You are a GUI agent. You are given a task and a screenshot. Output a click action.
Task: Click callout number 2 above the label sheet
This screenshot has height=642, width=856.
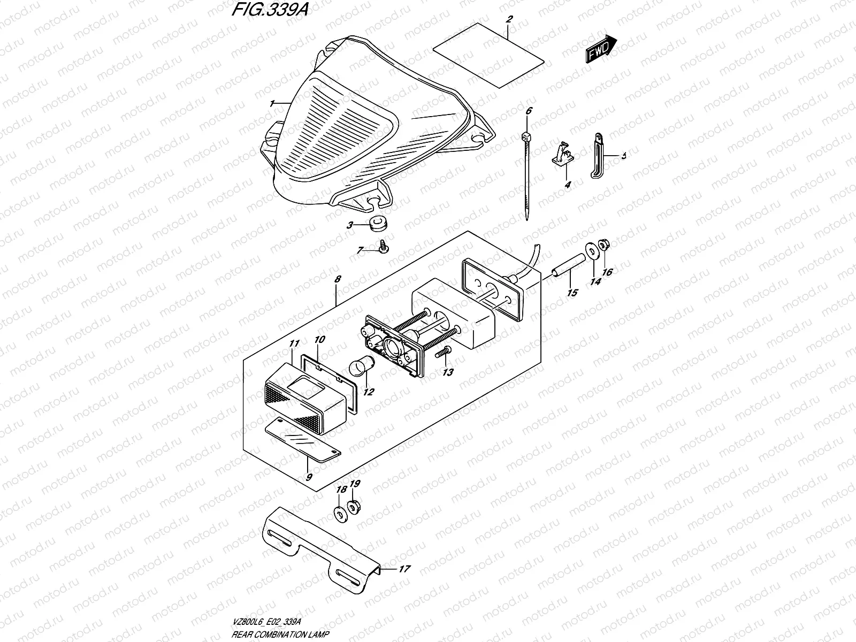pyautogui.click(x=510, y=19)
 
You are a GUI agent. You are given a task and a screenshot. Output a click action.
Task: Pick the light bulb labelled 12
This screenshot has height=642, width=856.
pyautogui.click(x=357, y=368)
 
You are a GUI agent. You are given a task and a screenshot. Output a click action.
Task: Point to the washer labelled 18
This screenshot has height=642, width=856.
pyautogui.click(x=339, y=513)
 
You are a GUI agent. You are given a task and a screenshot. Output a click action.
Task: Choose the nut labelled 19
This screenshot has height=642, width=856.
pyautogui.click(x=353, y=506)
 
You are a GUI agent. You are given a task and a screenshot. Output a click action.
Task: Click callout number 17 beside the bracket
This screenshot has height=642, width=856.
pyautogui.click(x=404, y=569)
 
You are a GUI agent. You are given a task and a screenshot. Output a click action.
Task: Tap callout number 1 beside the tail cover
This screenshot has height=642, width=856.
pyautogui.click(x=272, y=103)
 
